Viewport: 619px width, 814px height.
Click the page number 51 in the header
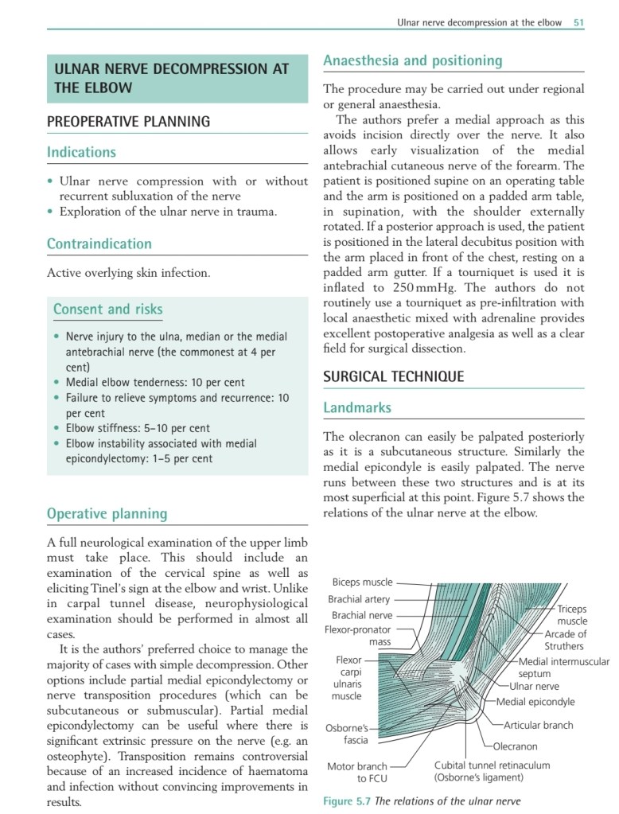pyautogui.click(x=578, y=23)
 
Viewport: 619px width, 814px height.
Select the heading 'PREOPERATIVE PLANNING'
pyautogui.click(x=128, y=122)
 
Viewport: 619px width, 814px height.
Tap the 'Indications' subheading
pyautogui.click(x=81, y=152)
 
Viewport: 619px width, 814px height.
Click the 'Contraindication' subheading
pyautogui.click(x=99, y=243)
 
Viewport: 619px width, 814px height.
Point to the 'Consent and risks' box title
pyautogui.click(x=107, y=309)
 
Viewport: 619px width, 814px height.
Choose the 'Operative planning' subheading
pyautogui.click(x=107, y=513)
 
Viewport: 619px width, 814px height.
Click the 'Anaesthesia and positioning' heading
pyautogui.click(x=412, y=60)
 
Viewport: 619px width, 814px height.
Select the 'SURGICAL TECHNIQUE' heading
pyautogui.click(x=393, y=376)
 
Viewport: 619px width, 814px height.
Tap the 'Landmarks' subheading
pyautogui.click(x=357, y=407)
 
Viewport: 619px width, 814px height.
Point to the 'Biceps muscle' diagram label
pyautogui.click(x=362, y=582)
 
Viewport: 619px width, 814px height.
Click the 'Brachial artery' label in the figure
pyautogui.click(x=359, y=599)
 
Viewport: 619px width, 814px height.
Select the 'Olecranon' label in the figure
pyautogui.click(x=515, y=746)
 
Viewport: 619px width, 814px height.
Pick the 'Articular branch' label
pyautogui.click(x=539, y=725)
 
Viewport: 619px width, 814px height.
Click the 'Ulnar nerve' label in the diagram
pyautogui.click(x=534, y=686)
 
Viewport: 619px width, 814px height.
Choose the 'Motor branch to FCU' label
pyautogui.click(x=357, y=772)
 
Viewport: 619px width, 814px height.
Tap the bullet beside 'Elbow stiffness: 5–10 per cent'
pyautogui.click(x=56, y=427)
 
